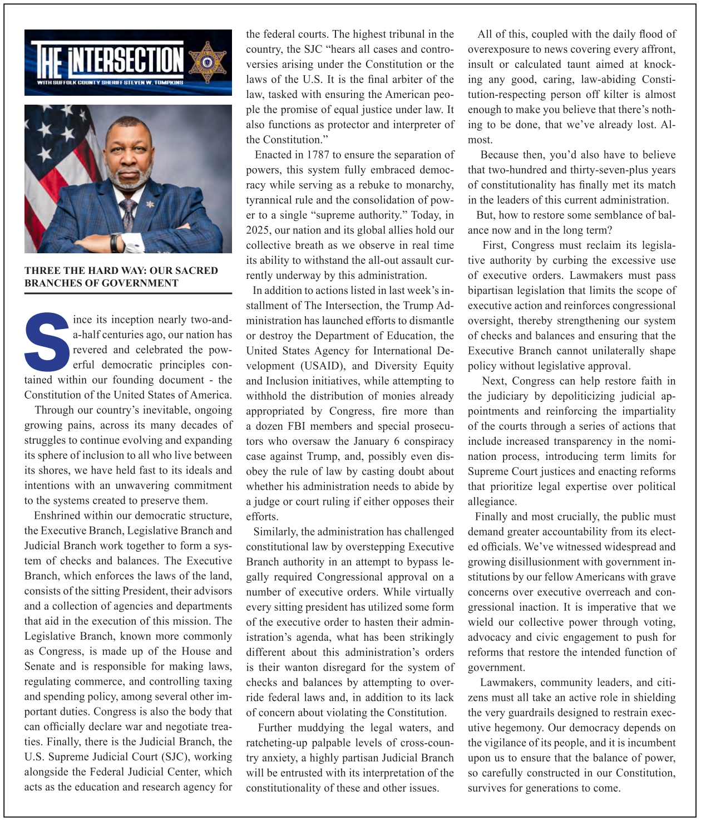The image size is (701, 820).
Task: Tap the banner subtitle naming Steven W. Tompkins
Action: tap(110, 82)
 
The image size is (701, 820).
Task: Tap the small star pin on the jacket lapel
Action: tap(150, 204)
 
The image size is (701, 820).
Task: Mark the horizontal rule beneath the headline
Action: tap(128, 293)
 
